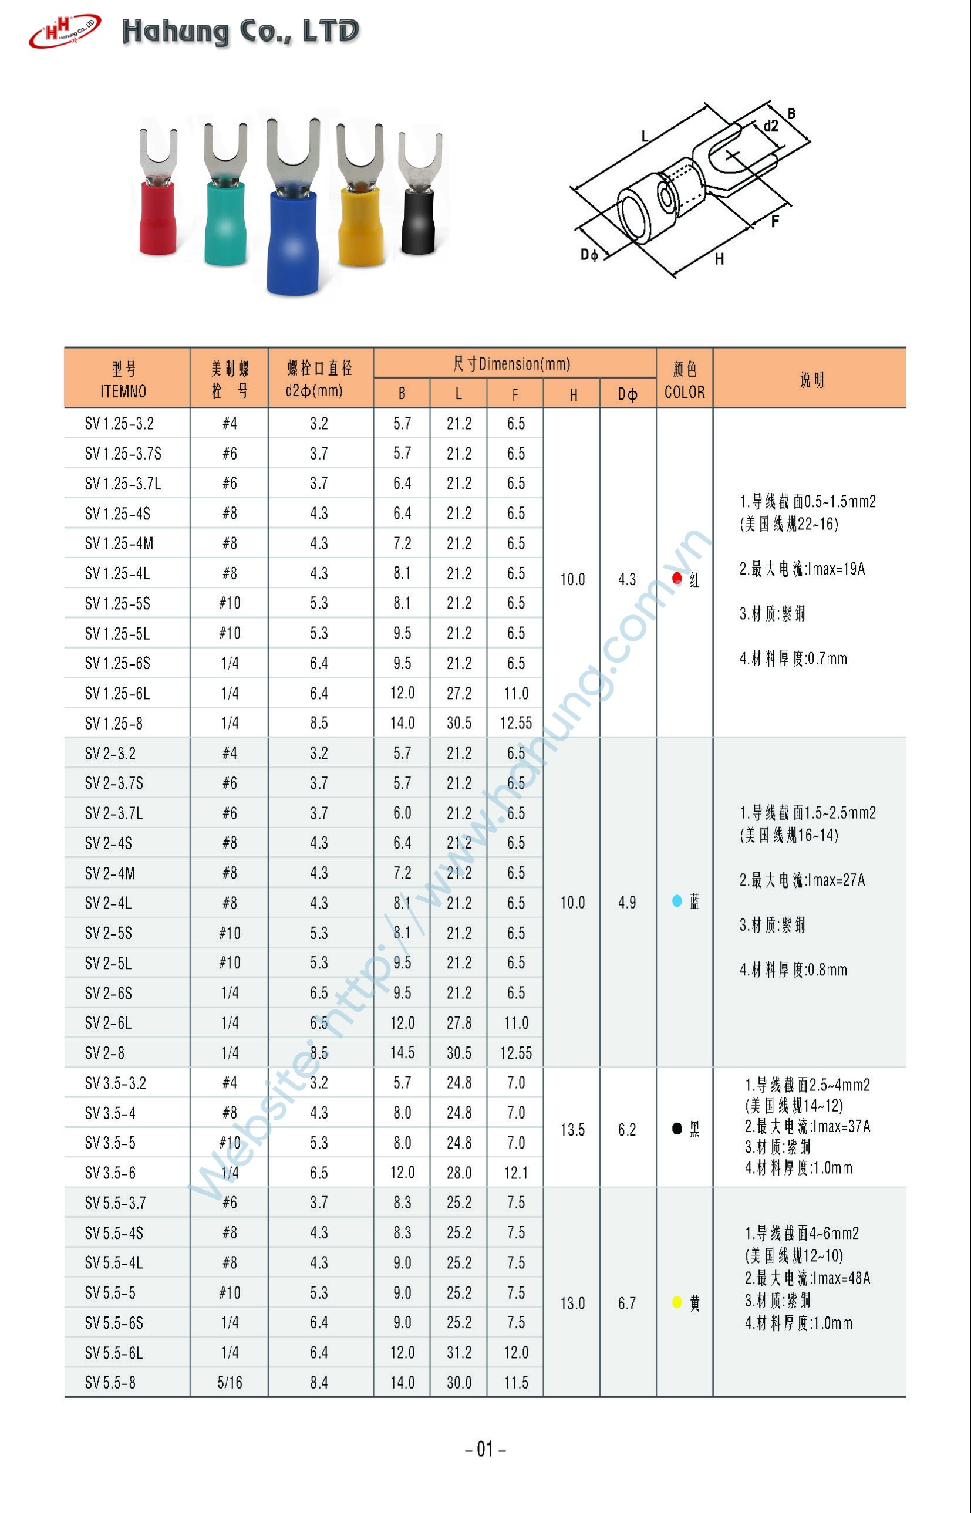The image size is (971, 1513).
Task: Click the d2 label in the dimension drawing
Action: pyautogui.click(x=770, y=126)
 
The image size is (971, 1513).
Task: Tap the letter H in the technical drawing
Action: pyautogui.click(x=719, y=259)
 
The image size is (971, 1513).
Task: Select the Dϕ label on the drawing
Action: pyautogui.click(x=589, y=255)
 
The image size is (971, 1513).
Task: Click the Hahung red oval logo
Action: pyautogui.click(x=65, y=31)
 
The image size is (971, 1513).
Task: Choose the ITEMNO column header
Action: pyautogui.click(x=124, y=391)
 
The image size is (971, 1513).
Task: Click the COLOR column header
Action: pyautogui.click(x=684, y=392)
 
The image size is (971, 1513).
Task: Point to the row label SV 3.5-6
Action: pyautogui.click(x=110, y=1173)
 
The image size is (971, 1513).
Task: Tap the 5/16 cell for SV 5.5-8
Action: pyautogui.click(x=230, y=1383)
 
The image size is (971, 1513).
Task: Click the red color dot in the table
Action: pyautogui.click(x=676, y=579)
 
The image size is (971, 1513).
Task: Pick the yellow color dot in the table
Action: pyautogui.click(x=676, y=1302)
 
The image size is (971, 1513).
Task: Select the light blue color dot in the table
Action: pyautogui.click(x=676, y=901)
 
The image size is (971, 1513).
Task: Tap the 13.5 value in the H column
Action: pyautogui.click(x=572, y=1130)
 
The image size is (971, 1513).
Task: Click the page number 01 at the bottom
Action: pyautogui.click(x=485, y=1448)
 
